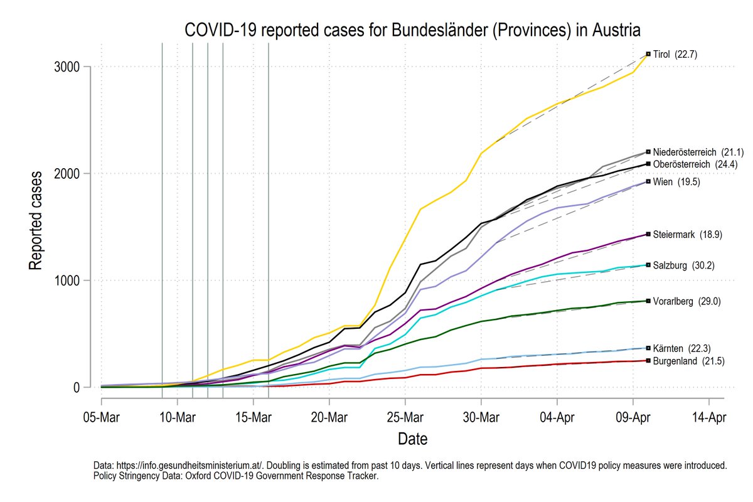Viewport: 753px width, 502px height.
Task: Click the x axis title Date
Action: coord(412,438)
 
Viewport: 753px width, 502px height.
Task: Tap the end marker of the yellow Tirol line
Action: coord(648,55)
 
